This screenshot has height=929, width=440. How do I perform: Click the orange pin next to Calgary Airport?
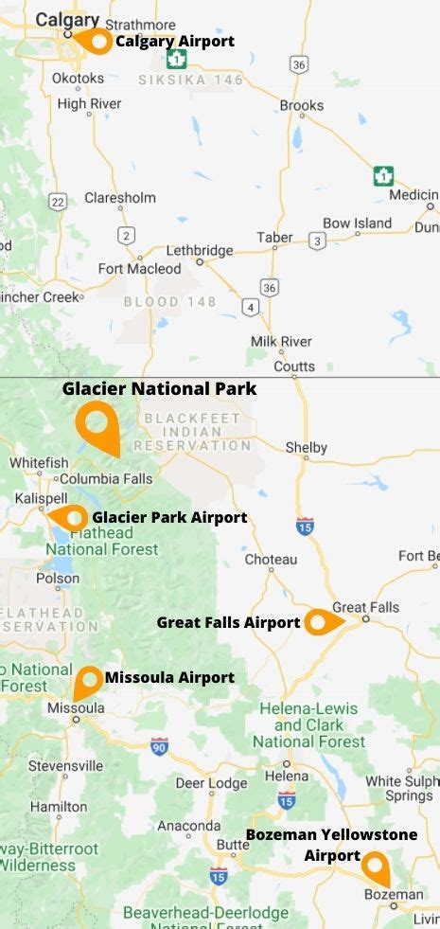96,42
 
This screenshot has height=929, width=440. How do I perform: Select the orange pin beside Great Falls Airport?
320,622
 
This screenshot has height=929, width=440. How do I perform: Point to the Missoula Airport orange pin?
88,679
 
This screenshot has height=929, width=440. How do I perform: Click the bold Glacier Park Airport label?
169,517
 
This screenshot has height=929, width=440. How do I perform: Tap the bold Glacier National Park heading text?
159,388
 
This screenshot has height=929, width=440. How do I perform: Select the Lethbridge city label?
200,251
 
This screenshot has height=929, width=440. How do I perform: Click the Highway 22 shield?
59,202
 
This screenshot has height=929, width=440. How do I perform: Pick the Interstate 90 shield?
159,745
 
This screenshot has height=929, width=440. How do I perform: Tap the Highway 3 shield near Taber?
317,241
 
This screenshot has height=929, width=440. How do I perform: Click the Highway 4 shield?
251,307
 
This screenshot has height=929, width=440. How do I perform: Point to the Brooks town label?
302,106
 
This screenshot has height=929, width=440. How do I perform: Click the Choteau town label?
271,560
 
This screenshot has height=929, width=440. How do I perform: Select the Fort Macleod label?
139,269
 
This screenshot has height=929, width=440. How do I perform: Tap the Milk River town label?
281,341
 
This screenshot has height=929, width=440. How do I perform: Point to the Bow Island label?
357,223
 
